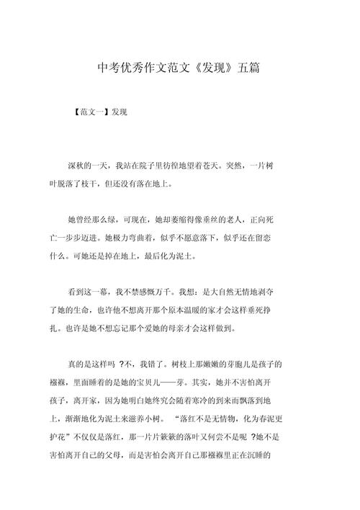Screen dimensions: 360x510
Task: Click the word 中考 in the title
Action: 107,69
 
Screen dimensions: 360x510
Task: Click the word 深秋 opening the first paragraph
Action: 76,166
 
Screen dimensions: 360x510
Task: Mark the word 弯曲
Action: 148,238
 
